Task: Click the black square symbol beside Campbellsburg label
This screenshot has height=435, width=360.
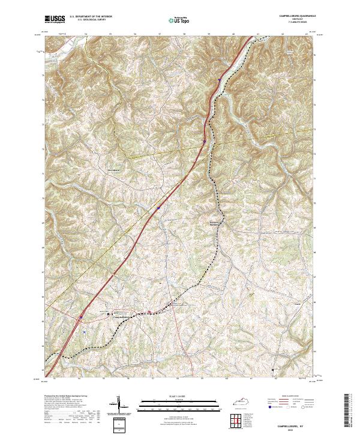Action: [109, 313]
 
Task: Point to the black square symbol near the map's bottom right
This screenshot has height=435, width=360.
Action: [274, 369]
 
